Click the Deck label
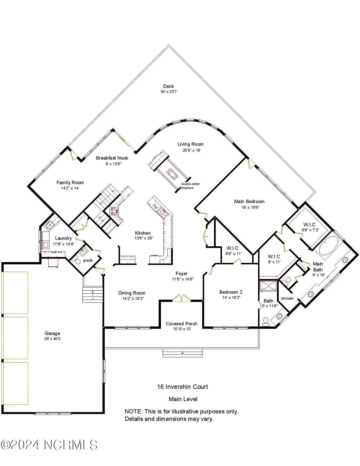click(168, 86)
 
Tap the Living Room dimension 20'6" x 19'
click(191, 150)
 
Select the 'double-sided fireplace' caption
click(190, 186)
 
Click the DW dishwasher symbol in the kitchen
click(155, 206)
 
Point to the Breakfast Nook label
click(112, 158)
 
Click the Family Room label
click(70, 182)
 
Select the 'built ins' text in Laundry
click(56, 252)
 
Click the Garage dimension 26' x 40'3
click(52, 339)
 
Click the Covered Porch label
click(182, 324)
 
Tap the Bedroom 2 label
click(231, 292)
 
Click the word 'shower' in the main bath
click(287, 298)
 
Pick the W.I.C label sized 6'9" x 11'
click(232, 248)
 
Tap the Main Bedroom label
click(249, 201)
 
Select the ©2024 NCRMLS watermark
click(49, 445)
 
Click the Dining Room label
click(132, 293)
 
